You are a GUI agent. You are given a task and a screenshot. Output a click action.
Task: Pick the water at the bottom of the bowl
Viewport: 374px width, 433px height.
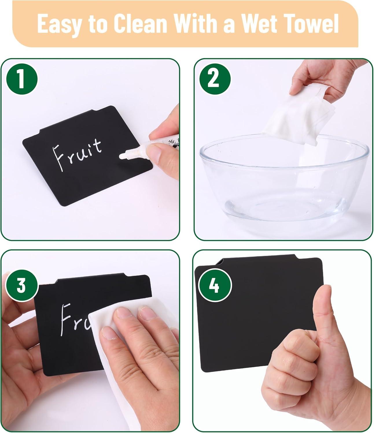point(285,209)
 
